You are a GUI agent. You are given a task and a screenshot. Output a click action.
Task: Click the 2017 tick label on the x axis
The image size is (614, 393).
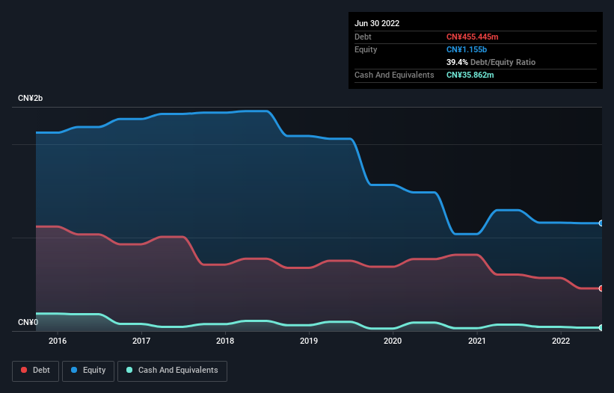[x=141, y=341]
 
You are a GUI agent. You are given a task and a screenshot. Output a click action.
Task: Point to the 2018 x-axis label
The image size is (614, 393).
[x=224, y=341]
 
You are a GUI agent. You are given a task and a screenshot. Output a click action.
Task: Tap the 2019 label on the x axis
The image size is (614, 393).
[x=309, y=341]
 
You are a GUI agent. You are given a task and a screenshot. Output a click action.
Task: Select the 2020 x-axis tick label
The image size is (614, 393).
[x=393, y=341]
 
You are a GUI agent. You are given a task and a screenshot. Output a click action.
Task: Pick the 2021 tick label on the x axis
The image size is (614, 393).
[x=476, y=341]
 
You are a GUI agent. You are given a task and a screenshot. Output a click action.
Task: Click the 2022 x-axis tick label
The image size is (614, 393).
[x=561, y=341]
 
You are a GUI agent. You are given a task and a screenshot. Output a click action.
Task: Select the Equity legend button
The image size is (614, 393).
[x=88, y=371]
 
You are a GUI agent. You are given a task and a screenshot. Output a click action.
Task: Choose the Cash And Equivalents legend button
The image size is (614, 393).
[x=172, y=371]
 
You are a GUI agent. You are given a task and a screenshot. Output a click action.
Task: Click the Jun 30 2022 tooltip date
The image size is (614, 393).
[x=377, y=23]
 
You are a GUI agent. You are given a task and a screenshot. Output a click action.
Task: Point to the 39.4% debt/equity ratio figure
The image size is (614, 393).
[x=457, y=62]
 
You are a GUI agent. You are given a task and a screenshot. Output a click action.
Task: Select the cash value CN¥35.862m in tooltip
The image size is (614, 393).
[x=470, y=75]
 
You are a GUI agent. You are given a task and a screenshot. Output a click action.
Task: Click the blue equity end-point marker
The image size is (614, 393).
[x=601, y=223]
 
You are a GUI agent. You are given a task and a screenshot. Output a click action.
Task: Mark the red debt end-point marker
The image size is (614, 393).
[x=601, y=288]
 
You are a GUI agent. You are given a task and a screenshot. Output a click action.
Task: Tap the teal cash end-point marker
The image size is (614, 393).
[x=601, y=328]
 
